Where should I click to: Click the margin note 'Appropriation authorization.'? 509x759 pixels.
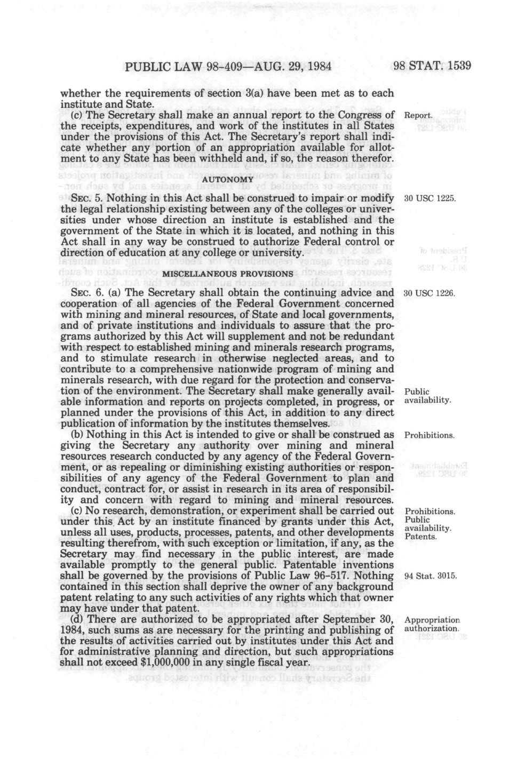click(x=432, y=625)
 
